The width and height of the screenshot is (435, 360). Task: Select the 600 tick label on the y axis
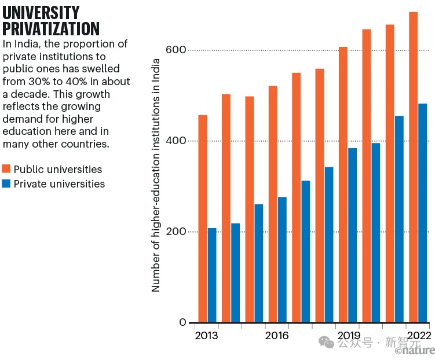click(178, 50)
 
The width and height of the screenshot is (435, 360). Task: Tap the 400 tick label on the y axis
click(178, 141)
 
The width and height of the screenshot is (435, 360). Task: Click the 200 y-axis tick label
click(178, 232)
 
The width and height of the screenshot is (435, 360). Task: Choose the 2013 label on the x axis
click(206, 336)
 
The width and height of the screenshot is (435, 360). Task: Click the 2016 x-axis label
click(277, 336)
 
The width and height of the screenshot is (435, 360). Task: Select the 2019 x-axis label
click(348, 336)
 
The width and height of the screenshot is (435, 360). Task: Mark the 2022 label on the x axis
click(418, 336)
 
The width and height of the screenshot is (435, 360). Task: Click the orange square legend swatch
click(7, 169)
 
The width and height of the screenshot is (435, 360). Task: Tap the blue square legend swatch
click(7, 184)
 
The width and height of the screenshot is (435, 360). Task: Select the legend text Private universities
click(59, 184)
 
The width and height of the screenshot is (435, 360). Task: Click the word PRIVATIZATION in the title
click(51, 28)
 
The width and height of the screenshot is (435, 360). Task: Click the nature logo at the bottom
click(415, 350)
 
